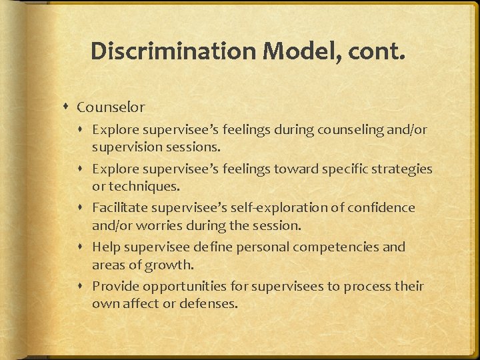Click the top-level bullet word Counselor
click(x=110, y=107)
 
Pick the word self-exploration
click(x=256, y=208)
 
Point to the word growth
click(x=173, y=264)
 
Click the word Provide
click(x=114, y=287)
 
